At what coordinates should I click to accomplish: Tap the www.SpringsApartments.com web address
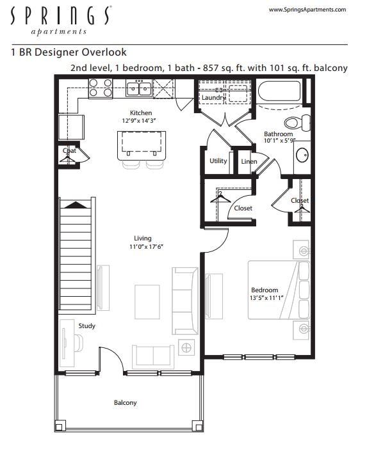pos(307,10)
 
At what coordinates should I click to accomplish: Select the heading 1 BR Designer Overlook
pos(69,52)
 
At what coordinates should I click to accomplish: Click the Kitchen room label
pos(141,113)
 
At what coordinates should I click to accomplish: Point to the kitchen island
pos(141,145)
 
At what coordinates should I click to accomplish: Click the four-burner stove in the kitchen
pos(101,88)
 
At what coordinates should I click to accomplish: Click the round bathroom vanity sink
pos(302,154)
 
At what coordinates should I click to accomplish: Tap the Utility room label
pos(218,161)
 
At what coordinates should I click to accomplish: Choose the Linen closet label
pos(249,161)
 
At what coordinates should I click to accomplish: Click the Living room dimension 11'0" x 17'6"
pos(142,246)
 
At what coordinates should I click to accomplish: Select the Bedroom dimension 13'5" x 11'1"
pos(268,297)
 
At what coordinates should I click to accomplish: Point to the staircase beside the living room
pos(77,256)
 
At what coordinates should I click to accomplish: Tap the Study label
pos(87,326)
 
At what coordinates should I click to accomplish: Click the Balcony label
pos(125,402)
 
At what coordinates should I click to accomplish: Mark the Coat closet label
pos(69,151)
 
